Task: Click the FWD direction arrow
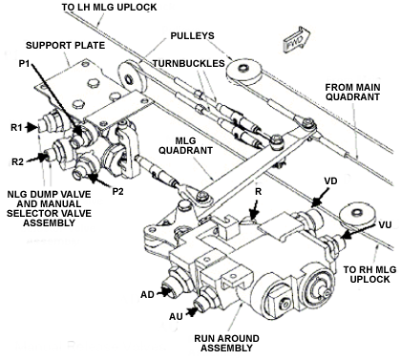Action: click(x=296, y=39)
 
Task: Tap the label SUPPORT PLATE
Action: click(x=65, y=45)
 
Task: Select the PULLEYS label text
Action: click(x=193, y=35)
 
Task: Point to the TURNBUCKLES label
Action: click(x=189, y=63)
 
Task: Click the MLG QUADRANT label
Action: click(x=185, y=145)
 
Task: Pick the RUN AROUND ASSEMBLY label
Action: click(x=226, y=343)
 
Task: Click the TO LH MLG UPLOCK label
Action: click(x=109, y=7)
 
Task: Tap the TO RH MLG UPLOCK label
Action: click(x=369, y=274)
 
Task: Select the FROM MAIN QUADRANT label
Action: click(x=352, y=92)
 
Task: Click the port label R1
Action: click(x=17, y=127)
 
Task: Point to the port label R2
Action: click(x=18, y=161)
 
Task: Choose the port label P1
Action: click(x=24, y=64)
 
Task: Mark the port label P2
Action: click(x=117, y=191)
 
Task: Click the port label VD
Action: click(x=330, y=180)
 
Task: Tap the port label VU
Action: click(x=386, y=224)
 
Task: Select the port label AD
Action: click(x=147, y=294)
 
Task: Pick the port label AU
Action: click(x=176, y=316)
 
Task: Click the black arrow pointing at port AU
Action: click(x=192, y=312)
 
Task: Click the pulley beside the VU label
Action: click(x=356, y=215)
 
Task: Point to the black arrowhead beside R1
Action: click(x=32, y=127)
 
